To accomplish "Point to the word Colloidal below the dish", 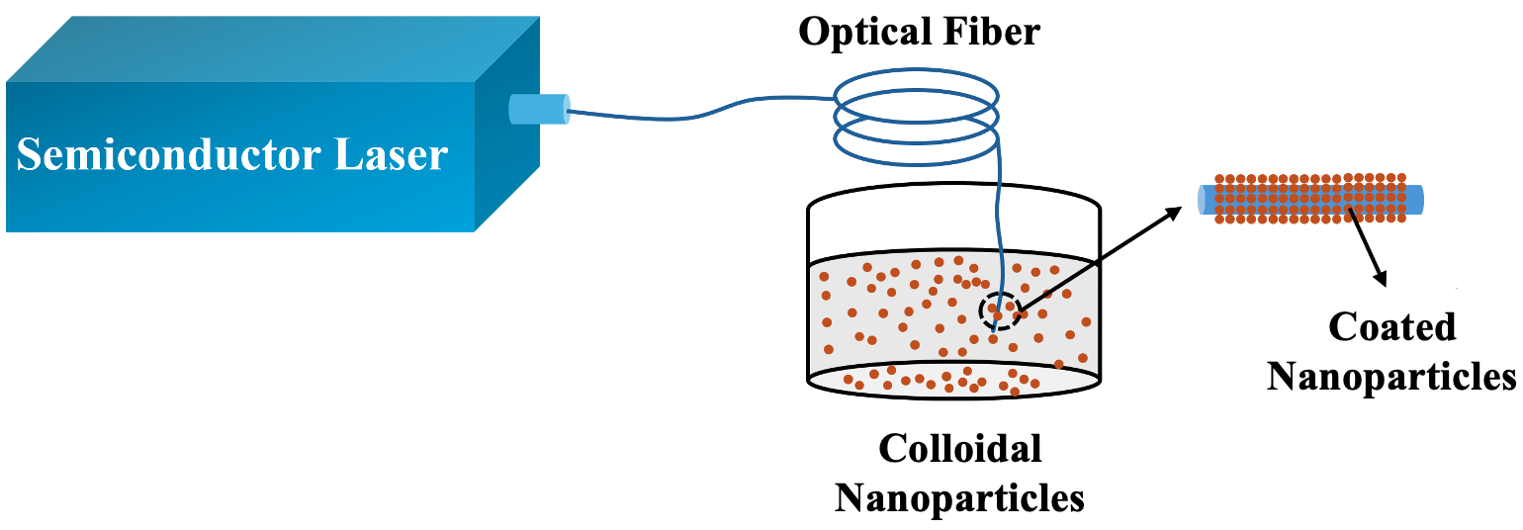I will [960, 450].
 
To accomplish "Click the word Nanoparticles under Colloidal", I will [959, 497].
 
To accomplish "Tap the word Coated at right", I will [1392, 328].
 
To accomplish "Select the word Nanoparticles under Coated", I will [1391, 376].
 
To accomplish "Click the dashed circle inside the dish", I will [1000, 311].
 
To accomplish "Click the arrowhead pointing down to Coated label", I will [1381, 278].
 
